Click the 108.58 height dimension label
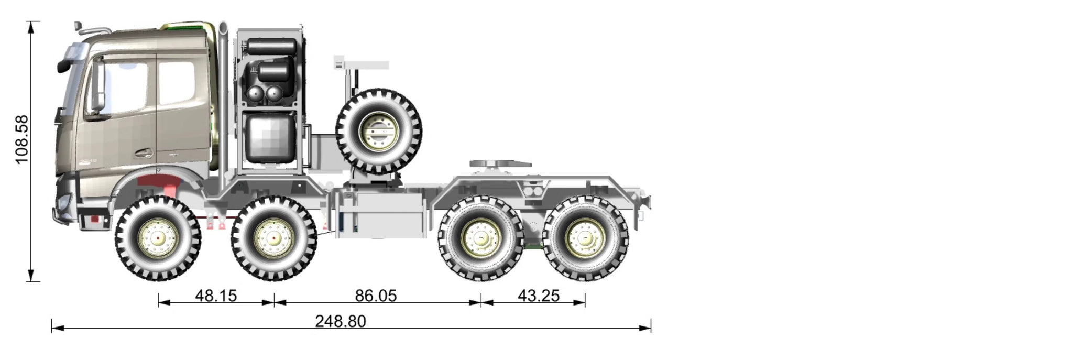pos(21,139)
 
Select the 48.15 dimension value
pos(216,296)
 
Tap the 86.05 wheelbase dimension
pos(376,296)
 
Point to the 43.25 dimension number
pos(539,296)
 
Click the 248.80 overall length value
pos(341,321)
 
